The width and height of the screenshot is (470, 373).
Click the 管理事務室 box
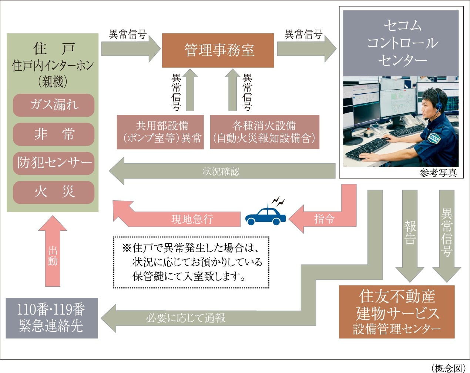(218, 50)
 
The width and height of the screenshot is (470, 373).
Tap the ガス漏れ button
(54, 105)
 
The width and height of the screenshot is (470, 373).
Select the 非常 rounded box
(54, 134)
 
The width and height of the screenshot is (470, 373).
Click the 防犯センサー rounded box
(54, 163)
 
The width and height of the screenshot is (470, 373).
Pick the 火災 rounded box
(54, 192)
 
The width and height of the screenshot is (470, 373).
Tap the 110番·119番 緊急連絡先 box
(52, 318)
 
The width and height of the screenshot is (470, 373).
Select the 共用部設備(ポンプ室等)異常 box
(160, 132)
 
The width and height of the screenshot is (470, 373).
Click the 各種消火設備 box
(265, 132)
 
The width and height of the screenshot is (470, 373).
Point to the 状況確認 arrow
(221, 171)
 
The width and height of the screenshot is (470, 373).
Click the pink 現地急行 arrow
(185, 219)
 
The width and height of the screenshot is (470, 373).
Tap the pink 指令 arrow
(324, 219)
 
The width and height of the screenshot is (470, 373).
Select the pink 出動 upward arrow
(53, 256)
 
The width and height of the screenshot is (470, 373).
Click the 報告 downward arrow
(410, 233)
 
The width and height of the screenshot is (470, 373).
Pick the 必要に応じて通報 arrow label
(185, 318)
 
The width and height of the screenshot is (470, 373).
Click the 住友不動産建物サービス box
(397, 312)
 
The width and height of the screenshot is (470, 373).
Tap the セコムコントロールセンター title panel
(401, 43)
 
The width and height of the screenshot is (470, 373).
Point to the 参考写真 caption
(438, 173)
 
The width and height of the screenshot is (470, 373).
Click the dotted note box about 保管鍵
(191, 262)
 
